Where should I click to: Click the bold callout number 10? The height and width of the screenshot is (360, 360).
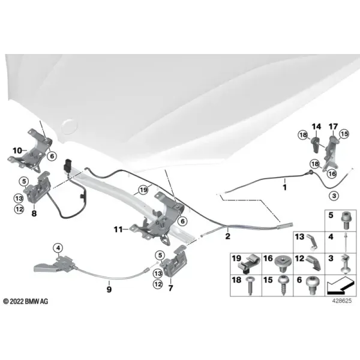coord(17,151)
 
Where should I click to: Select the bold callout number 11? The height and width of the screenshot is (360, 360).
coord(118,229)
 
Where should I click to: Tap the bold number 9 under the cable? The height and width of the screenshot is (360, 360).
coord(109,289)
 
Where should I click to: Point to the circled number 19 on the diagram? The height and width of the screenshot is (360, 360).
coord(143,190)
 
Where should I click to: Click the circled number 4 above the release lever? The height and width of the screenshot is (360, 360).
coord(58,248)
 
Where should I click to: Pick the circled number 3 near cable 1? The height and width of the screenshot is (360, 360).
coord(334,196)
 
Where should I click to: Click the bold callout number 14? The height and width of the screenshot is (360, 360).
coord(316,127)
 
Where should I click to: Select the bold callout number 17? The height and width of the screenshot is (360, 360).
coord(334,127)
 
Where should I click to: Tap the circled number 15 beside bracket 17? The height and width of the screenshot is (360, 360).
coord(344,134)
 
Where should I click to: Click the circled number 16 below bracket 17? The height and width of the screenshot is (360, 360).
coord(332,173)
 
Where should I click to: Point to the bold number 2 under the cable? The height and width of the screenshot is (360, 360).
coord(227,236)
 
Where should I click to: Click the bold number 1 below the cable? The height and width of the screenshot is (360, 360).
coord(284,187)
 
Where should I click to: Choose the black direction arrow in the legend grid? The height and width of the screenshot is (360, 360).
coord(340,286)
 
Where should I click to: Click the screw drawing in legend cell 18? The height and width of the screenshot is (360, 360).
coord(250,286)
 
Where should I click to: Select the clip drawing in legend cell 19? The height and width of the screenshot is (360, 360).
coord(248,264)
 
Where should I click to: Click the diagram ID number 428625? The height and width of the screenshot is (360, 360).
coord(342,301)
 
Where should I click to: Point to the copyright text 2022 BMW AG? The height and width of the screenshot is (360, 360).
coord(26,301)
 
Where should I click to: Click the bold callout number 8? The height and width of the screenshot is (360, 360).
coord(34,214)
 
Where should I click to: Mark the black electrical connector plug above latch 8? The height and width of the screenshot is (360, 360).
coord(68,164)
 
